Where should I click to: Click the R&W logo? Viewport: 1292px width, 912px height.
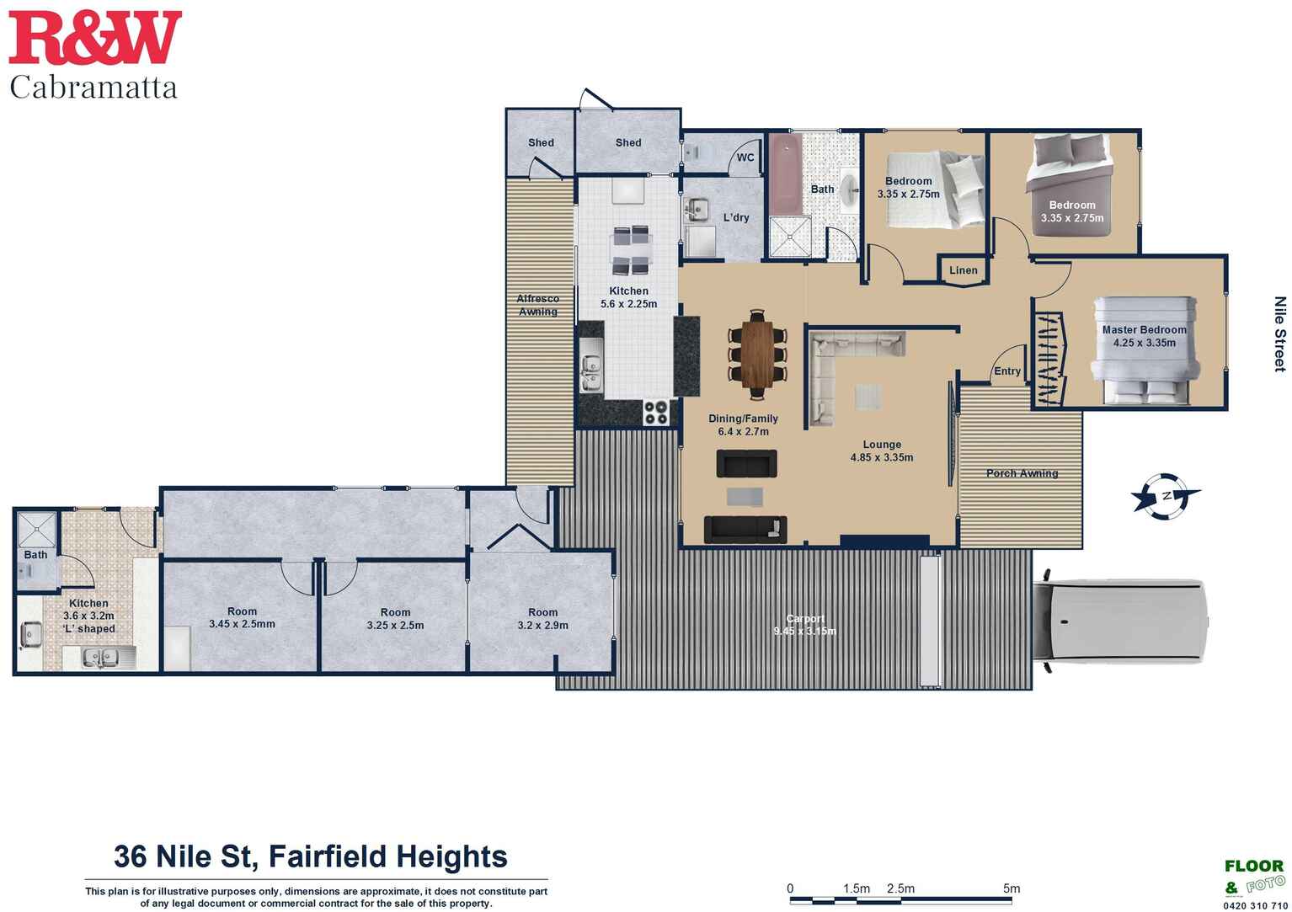click(95, 37)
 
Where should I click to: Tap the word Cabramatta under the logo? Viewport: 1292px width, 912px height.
click(93, 88)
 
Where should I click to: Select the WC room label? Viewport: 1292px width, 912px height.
click(745, 157)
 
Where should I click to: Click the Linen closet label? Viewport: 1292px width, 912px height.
click(964, 270)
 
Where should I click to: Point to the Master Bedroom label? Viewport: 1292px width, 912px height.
click(1145, 329)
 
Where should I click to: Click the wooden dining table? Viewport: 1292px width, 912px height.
click(757, 354)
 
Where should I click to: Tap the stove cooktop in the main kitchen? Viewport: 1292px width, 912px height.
click(656, 413)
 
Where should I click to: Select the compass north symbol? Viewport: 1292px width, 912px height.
click(1166, 496)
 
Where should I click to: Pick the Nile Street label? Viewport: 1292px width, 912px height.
click(1280, 334)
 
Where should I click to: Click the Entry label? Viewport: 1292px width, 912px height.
click(1007, 371)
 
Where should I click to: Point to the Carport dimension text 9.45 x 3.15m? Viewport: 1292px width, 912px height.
click(804, 631)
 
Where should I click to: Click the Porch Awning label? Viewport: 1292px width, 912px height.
click(1022, 473)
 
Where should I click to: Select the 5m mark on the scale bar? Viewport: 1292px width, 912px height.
click(1012, 888)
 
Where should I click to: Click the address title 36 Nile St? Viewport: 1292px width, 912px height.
click(310, 856)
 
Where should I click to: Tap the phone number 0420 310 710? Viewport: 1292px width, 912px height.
click(1256, 905)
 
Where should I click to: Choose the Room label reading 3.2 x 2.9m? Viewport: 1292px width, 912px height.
click(542, 619)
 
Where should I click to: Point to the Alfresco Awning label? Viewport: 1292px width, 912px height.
click(537, 305)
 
